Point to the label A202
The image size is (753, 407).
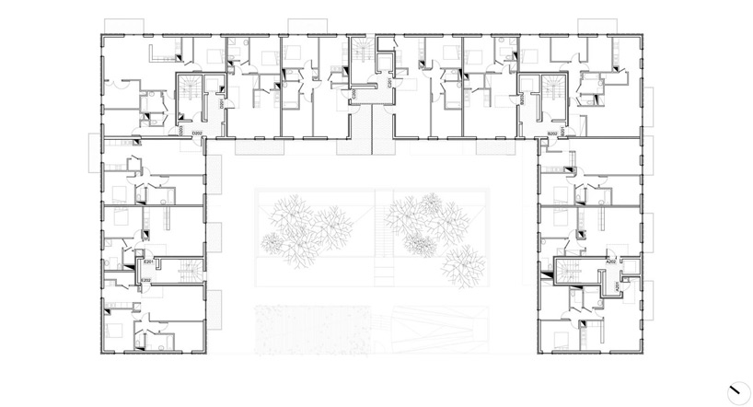pyautogui.click(x=609, y=262)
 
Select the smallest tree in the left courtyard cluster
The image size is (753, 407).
pyautogui.click(x=272, y=243)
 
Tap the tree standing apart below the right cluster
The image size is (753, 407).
pyautogui.click(x=463, y=264)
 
